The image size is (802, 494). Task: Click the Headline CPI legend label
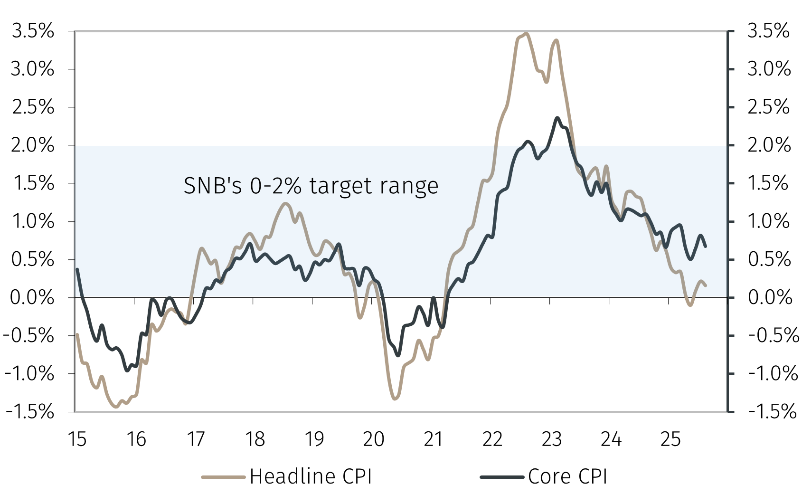(311, 476)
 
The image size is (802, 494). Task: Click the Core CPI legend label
(567, 476)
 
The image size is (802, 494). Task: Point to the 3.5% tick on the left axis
(33, 31)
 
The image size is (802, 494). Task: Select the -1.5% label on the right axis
(772, 411)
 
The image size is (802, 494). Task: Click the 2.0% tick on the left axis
(33, 145)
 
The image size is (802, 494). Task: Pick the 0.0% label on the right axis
(769, 298)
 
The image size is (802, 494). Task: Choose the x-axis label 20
(373, 439)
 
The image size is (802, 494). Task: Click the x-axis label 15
(77, 439)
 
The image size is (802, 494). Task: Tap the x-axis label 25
(670, 439)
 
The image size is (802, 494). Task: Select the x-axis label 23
(551, 439)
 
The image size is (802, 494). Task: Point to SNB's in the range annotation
(213, 186)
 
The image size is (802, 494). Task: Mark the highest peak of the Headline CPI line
(526, 33)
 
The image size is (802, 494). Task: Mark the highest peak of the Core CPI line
(557, 118)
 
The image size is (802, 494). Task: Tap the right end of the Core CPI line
(706, 246)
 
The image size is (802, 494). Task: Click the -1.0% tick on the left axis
(29, 374)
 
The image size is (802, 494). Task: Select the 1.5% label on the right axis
(768, 183)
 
